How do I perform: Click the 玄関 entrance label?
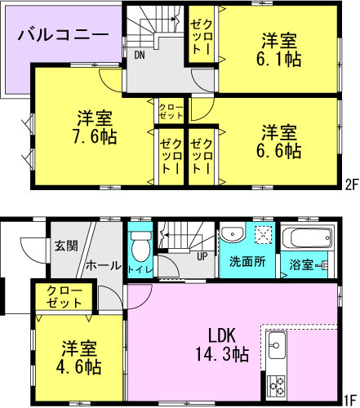click(66, 244)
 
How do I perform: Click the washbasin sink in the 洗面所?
click(232, 232)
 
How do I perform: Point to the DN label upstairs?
click(140, 56)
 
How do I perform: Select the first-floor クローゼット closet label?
click(64, 296)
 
